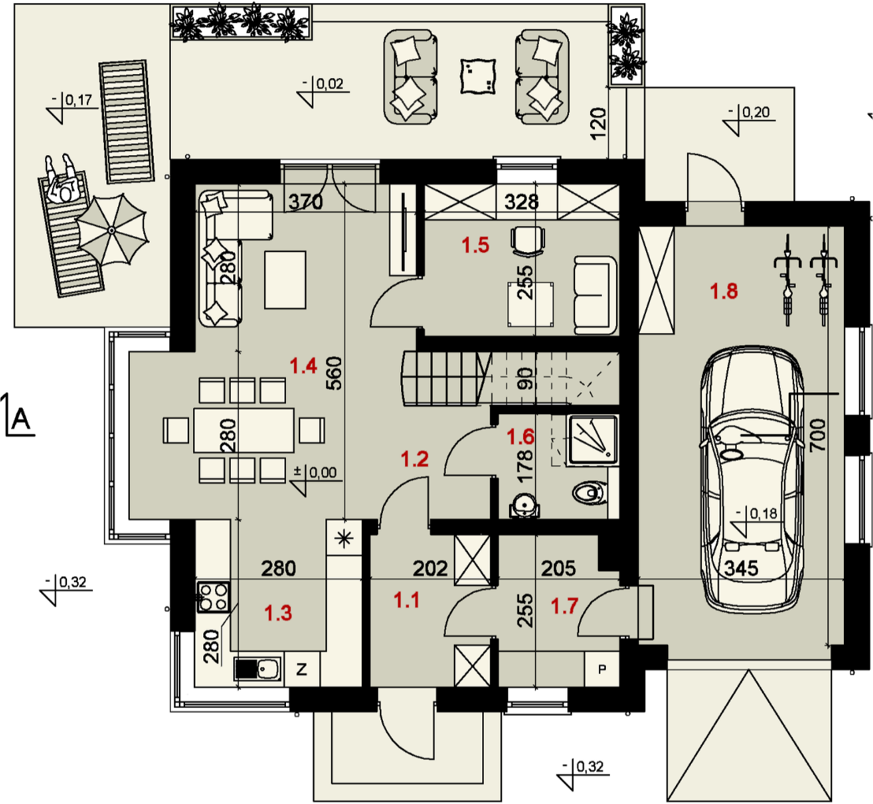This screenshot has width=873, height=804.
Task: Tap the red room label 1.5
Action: pyautogui.click(x=475, y=245)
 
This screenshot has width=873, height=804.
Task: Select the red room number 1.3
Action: pyautogui.click(x=278, y=613)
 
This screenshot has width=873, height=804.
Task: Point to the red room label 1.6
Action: pyautogui.click(x=520, y=435)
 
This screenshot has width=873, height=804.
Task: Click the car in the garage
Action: pyautogui.click(x=752, y=480)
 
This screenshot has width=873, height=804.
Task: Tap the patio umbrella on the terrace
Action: pyautogui.click(x=112, y=230)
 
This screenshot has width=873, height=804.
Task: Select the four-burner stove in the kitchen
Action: pyautogui.click(x=214, y=596)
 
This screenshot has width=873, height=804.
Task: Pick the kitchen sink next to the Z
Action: pyautogui.click(x=258, y=669)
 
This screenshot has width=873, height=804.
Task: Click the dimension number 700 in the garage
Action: pyautogui.click(x=818, y=432)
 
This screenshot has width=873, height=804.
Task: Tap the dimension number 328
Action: pyautogui.click(x=522, y=202)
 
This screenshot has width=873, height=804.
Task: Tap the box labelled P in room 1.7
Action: pyautogui.click(x=603, y=670)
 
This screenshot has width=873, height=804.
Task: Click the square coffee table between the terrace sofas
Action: pyautogui.click(x=476, y=77)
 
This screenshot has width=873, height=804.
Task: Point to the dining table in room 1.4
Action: pyautogui.click(x=244, y=430)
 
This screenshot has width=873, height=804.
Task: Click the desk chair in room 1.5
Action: pyautogui.click(x=527, y=239)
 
